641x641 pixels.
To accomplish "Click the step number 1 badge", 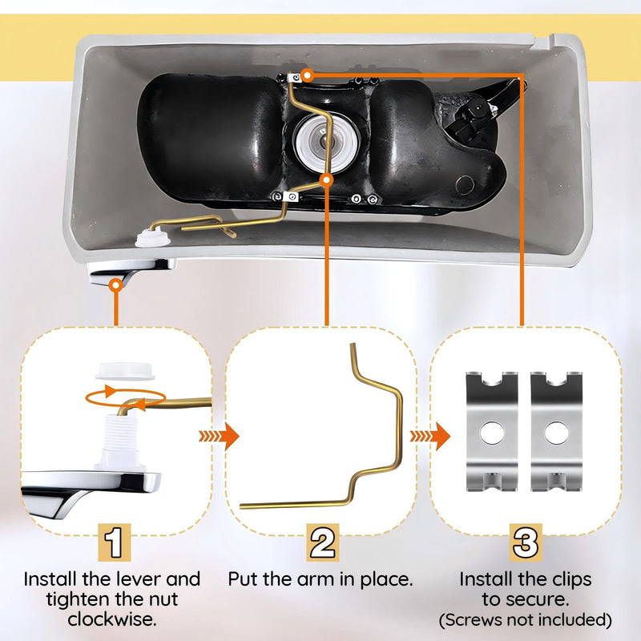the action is [x=115, y=542].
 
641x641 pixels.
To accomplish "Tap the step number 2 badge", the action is [x=323, y=542].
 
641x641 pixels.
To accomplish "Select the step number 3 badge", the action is [x=526, y=542].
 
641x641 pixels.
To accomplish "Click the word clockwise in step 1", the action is [x=112, y=619].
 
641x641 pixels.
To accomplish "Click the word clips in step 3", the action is [x=571, y=580].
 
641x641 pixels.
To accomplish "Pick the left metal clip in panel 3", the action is [x=492, y=431].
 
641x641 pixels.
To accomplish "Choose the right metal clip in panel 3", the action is [x=556, y=431].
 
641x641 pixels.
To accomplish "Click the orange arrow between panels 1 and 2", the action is [x=219, y=436].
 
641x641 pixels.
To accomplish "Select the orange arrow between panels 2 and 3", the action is [x=430, y=436].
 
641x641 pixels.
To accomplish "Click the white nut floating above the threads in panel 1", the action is [x=125, y=371].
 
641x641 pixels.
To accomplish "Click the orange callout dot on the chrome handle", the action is [x=116, y=284].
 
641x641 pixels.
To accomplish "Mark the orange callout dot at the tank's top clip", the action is [x=307, y=75].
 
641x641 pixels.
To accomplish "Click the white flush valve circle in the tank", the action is [x=328, y=142].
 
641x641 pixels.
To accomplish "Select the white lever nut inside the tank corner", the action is [x=153, y=237].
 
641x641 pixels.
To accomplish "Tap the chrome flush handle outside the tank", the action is [x=130, y=272].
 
